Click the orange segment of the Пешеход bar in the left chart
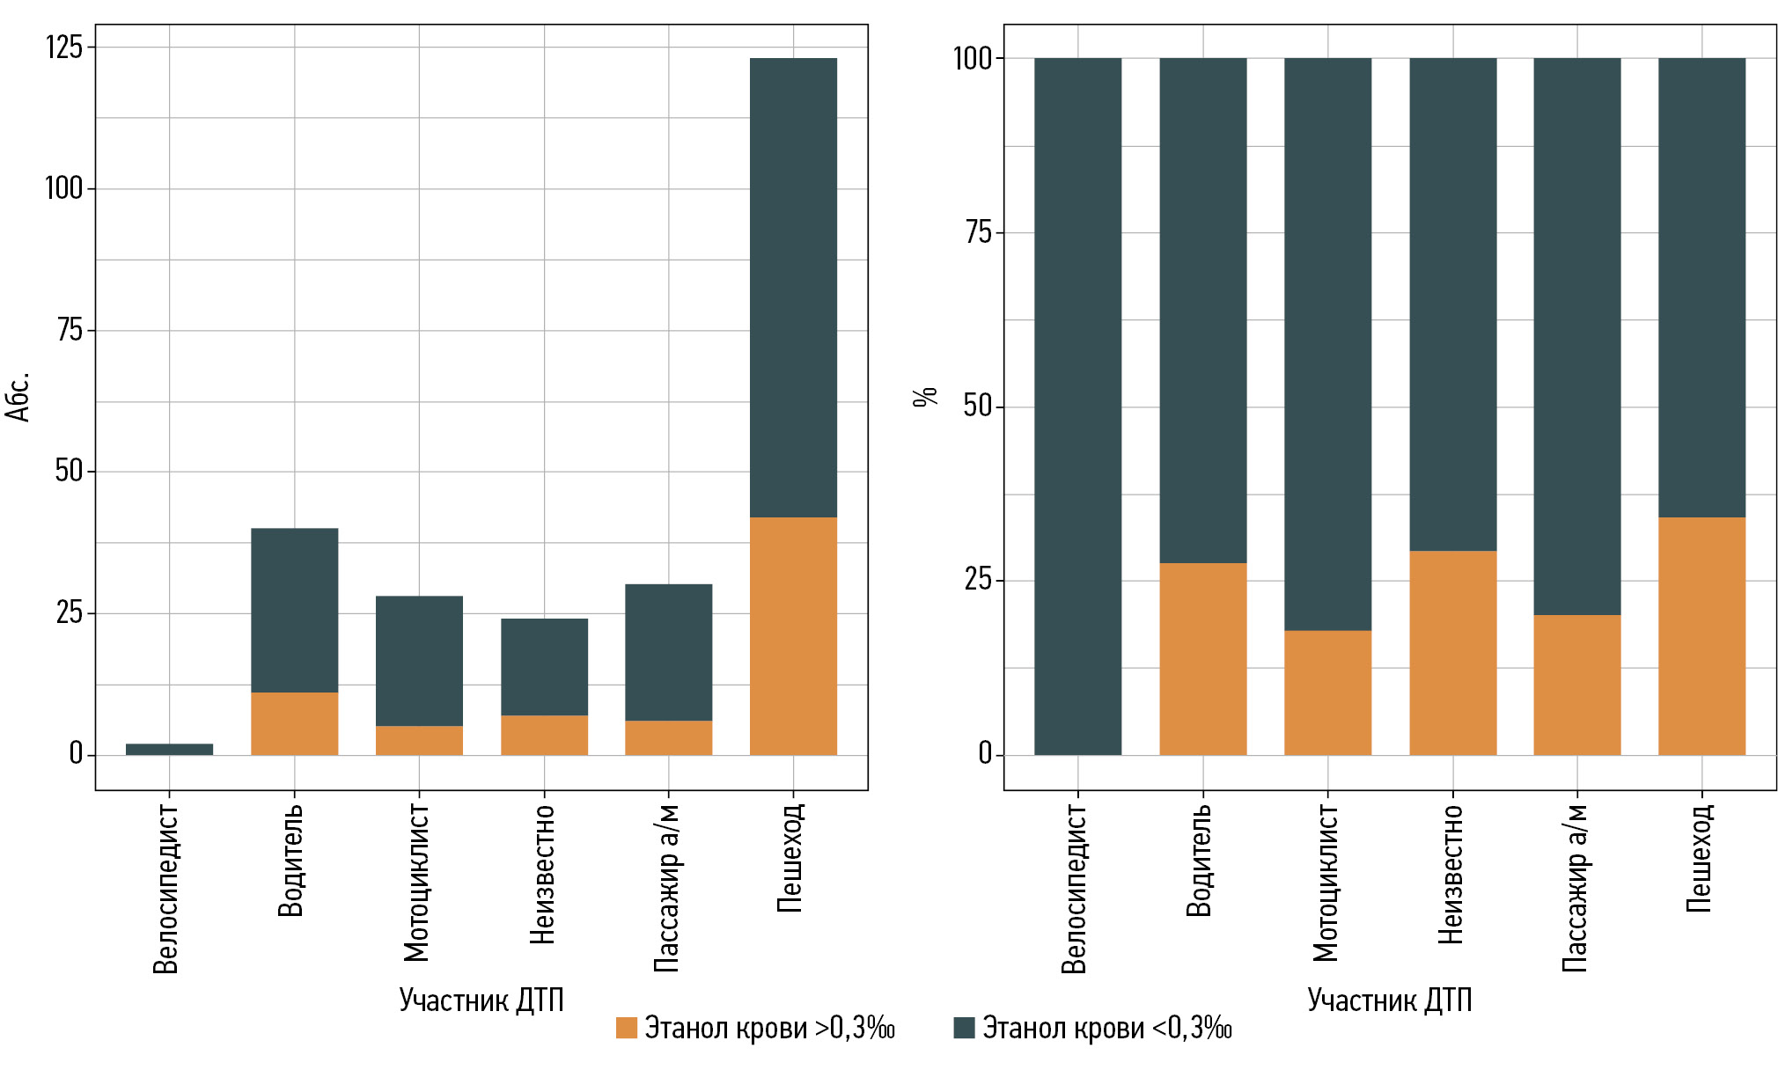pos(793,635)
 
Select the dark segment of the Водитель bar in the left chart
pos(294,610)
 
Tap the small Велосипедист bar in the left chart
pos(169,749)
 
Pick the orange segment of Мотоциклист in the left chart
pos(419,740)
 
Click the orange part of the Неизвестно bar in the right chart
pos(1452,652)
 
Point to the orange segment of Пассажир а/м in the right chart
pos(1576,685)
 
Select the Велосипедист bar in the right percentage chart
pos(1077,406)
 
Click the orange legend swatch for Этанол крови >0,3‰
pos(626,1028)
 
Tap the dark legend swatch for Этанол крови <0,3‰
pos(964,1028)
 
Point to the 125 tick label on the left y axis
pos(63,47)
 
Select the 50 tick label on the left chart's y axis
pos(69,471)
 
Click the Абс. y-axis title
pos(18,397)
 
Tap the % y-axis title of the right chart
pos(925,397)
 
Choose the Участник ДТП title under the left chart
pos(481,1000)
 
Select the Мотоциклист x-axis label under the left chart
pos(416,882)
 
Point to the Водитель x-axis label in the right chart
pos(1200,860)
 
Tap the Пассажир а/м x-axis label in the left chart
pos(667,887)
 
